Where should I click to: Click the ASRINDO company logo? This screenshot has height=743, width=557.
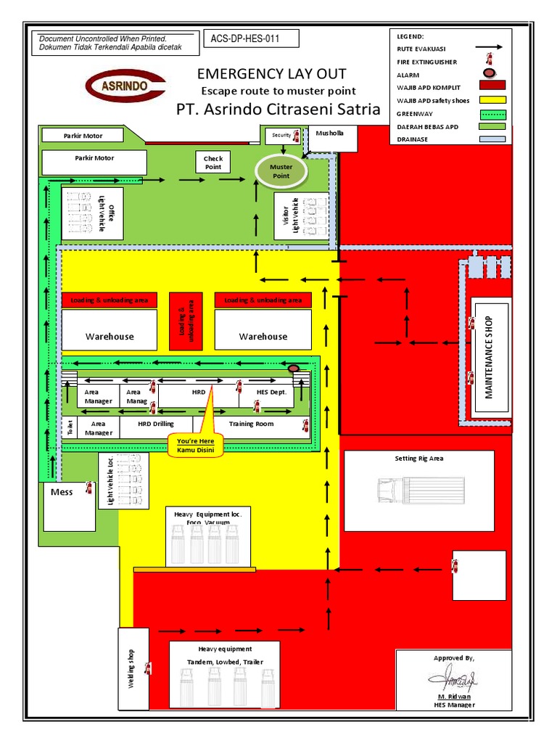click(125, 85)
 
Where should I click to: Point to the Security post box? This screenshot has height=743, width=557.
click(281, 135)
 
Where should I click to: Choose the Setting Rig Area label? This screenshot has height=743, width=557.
click(418, 459)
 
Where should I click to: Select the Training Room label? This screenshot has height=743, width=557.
click(251, 424)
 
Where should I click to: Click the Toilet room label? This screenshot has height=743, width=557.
click(70, 427)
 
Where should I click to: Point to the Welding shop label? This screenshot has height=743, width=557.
click(132, 669)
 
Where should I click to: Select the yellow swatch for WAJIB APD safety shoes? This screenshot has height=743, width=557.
click(491, 100)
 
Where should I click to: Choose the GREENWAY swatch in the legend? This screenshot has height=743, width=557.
click(491, 113)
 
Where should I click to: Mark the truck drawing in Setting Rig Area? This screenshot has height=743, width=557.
click(420, 491)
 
